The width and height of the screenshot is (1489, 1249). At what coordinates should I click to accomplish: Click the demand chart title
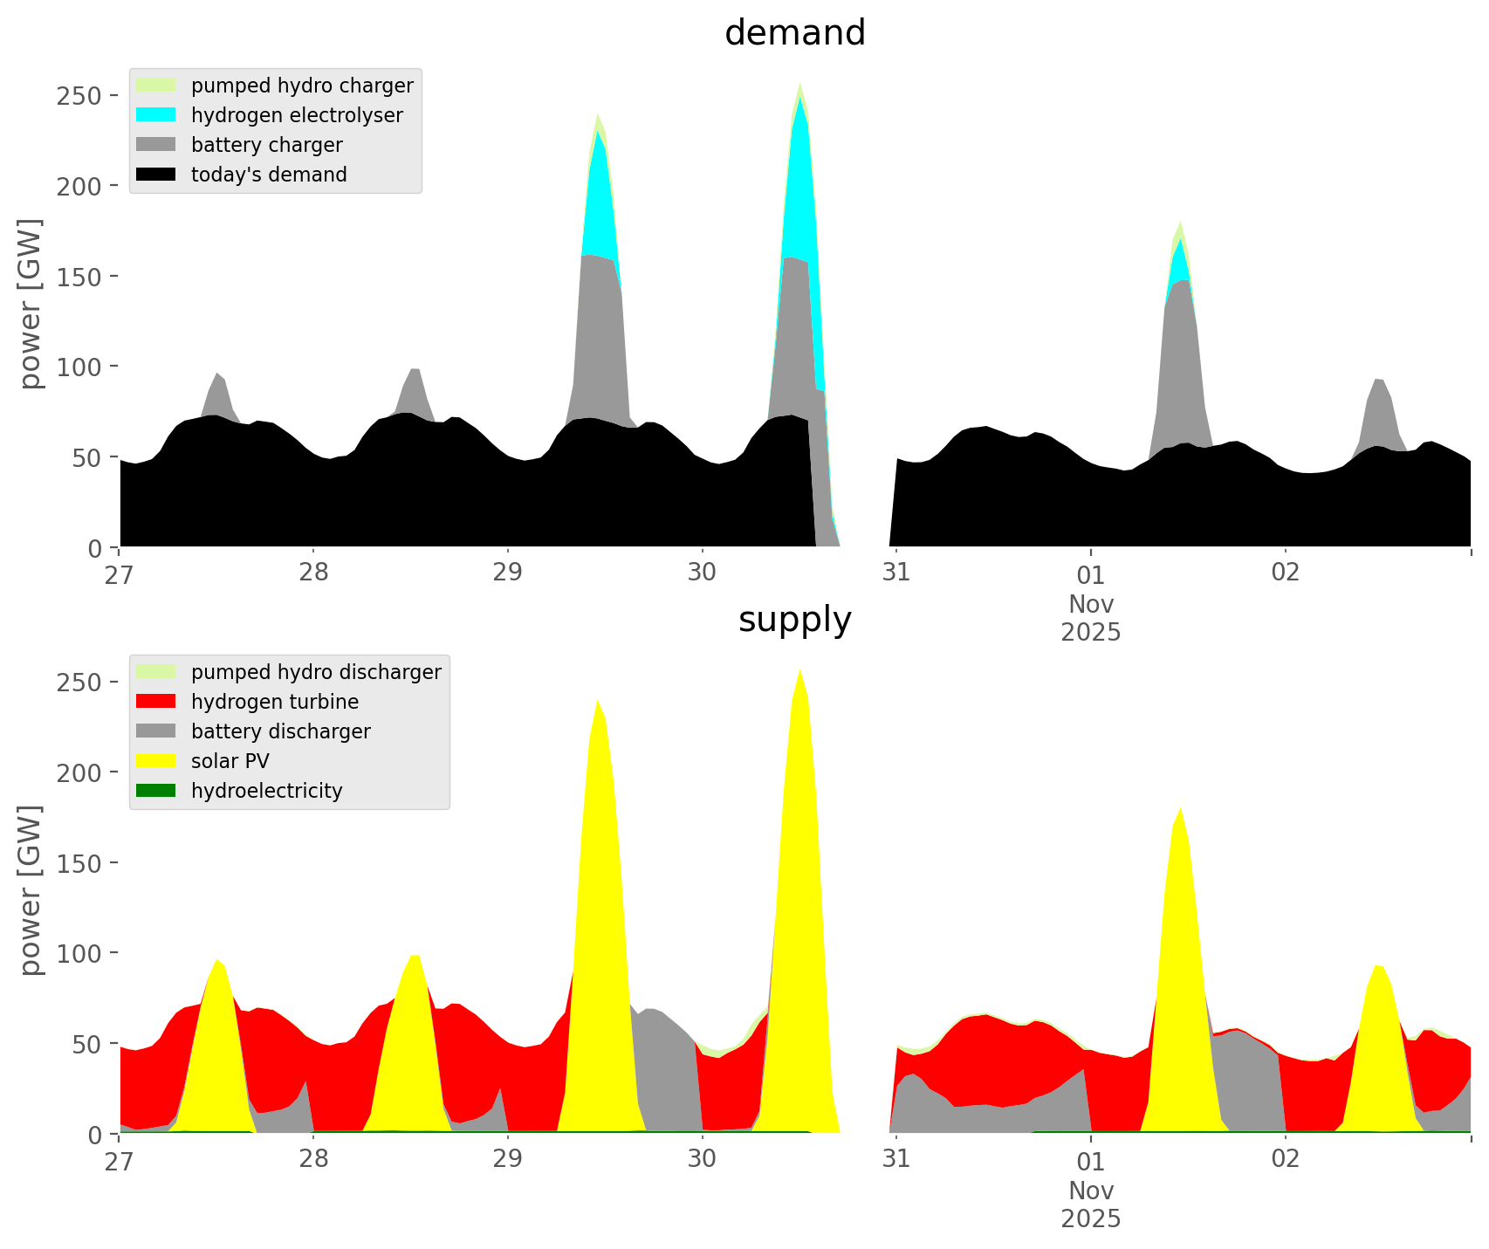794,33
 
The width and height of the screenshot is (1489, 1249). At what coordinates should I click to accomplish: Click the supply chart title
794,620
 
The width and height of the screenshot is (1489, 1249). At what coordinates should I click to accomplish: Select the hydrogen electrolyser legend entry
297,115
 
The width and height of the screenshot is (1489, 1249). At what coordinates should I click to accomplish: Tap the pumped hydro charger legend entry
302,86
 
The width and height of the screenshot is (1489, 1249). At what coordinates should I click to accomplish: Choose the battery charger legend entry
266,145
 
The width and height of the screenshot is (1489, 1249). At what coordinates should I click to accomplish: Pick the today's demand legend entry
269,175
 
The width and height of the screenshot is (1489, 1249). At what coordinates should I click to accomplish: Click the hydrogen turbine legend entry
274,702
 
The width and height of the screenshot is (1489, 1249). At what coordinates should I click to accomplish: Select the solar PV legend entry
230,761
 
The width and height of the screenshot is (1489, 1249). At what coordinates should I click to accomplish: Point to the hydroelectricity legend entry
266,791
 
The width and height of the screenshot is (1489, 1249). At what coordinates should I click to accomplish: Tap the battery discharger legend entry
280,731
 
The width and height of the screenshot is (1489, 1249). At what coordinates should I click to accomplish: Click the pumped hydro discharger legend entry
316,672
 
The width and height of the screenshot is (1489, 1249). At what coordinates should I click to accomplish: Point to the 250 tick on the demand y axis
86,95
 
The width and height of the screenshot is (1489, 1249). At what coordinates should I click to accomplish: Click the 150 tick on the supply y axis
86,862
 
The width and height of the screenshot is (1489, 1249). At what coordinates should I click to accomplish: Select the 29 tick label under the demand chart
507,573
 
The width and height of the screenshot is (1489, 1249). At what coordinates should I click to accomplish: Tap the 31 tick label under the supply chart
895,1159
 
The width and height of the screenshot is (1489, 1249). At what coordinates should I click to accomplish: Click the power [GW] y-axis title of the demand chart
30,304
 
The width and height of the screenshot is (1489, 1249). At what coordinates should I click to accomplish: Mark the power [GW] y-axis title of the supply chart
30,890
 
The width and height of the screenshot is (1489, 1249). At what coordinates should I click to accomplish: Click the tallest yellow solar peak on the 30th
799,698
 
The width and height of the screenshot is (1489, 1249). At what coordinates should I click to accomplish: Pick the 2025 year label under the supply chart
1091,1218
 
